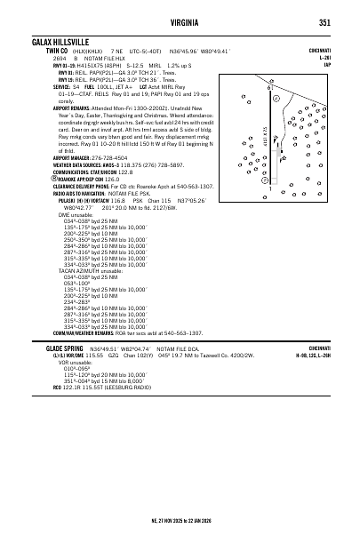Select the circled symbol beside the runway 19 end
coord(277,99)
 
